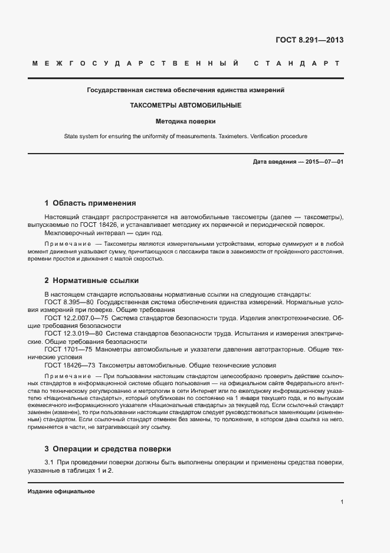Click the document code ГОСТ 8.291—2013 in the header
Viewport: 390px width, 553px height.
pyautogui.click(x=309, y=40)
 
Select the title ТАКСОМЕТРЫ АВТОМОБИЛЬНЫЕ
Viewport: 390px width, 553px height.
pyautogui.click(x=186, y=105)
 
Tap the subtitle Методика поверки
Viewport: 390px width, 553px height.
pyautogui.click(x=186, y=121)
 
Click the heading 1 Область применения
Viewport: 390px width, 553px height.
pyautogui.click(x=90, y=203)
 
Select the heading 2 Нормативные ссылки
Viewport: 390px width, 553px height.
pyautogui.click(x=91, y=280)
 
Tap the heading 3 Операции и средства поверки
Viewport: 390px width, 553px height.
pyautogui.click(x=108, y=448)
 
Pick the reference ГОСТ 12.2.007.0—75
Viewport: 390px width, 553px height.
pyautogui.click(x=73, y=318)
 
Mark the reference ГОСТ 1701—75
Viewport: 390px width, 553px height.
pyautogui.click(x=64, y=349)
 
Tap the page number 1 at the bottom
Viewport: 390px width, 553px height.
pyautogui.click(x=342, y=502)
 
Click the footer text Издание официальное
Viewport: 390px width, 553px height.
pyautogui.click(x=61, y=492)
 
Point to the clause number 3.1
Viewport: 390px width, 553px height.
pyautogui.click(x=50, y=461)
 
